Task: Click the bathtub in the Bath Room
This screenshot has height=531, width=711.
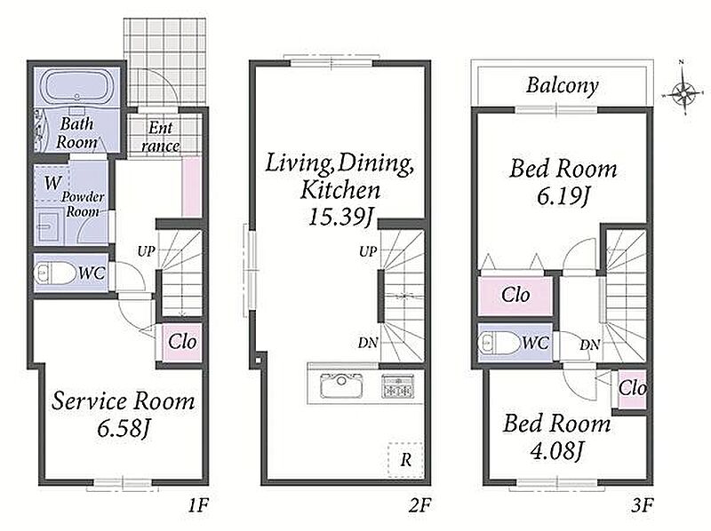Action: click(77, 87)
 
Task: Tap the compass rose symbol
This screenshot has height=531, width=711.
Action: click(683, 93)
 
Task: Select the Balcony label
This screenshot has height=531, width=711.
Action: click(563, 85)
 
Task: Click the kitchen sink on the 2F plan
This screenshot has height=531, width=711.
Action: click(341, 386)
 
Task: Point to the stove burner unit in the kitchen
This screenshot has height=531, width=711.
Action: click(397, 386)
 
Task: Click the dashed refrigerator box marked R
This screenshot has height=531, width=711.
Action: click(405, 459)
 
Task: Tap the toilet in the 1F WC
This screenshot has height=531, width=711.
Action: click(55, 273)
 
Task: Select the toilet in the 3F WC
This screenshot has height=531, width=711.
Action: click(499, 344)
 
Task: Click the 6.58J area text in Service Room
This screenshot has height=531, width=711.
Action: click(124, 429)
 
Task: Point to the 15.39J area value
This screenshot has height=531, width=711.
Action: click(341, 217)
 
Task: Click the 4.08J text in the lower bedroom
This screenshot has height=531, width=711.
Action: click(557, 451)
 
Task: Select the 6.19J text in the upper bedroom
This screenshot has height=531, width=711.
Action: click(563, 196)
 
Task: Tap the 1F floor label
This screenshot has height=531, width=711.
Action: click(198, 504)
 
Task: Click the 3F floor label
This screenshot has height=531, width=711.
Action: click(642, 504)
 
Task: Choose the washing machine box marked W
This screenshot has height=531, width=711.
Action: click(52, 183)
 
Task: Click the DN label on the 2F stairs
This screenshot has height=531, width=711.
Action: click(368, 343)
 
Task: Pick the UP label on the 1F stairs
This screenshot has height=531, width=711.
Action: click(146, 251)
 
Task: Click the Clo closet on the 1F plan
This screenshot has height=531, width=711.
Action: click(182, 343)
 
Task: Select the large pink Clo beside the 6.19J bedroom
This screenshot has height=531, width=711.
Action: click(515, 296)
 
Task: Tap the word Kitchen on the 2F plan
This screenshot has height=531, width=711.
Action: click(340, 190)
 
